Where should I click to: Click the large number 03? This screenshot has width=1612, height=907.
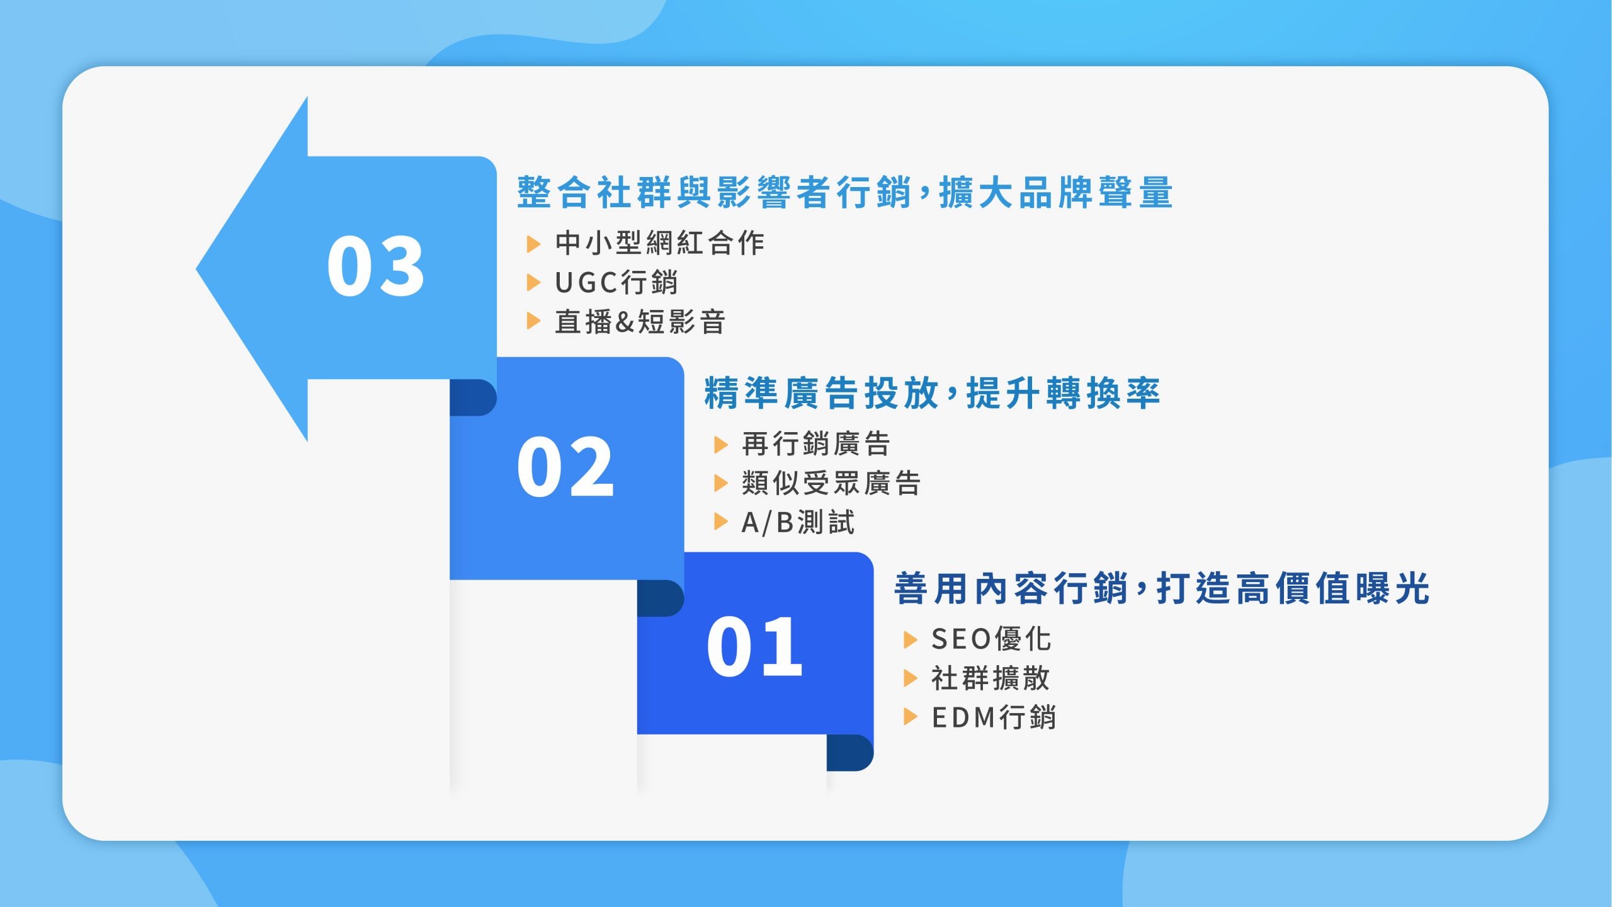376,266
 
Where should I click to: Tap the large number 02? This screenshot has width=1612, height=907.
565,467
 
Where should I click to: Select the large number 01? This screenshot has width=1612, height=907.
754,647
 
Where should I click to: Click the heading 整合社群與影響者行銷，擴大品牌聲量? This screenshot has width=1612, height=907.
844,192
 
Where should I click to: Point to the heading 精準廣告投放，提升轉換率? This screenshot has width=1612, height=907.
931,393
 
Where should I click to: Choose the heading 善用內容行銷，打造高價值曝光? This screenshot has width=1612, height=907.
1162,588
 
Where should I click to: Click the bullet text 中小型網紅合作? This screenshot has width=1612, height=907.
660,243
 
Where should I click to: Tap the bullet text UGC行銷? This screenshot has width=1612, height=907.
616,282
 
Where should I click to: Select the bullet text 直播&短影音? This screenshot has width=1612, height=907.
640,321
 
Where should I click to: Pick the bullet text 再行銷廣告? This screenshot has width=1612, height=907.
816,444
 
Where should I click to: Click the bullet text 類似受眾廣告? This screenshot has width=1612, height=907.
831,483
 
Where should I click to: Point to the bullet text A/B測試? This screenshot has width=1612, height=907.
798,522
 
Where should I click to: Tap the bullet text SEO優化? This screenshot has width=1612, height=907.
991,639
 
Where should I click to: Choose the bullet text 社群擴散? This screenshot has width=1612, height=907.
991,678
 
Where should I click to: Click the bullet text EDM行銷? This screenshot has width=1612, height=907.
994,717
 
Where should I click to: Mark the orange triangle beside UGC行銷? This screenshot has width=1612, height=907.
533,282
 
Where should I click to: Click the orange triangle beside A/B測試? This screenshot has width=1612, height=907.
721,522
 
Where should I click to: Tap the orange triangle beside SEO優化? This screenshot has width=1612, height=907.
911,640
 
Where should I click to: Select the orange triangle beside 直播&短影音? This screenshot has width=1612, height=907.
533,321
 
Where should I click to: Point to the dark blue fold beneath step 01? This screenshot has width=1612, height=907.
850,753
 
